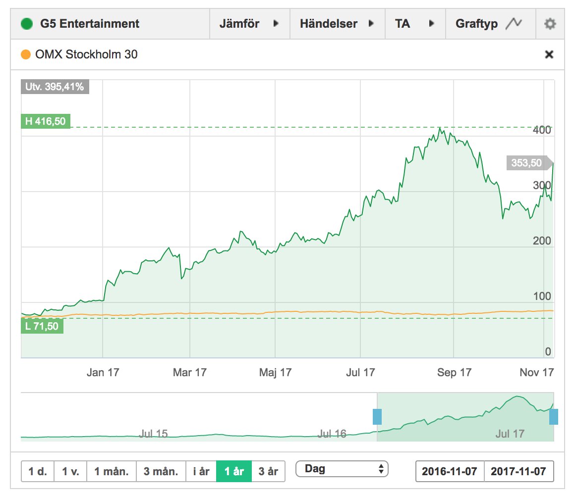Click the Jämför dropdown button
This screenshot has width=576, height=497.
tap(249, 24)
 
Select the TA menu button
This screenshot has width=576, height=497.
tap(415, 24)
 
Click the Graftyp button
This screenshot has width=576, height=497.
tap(489, 24)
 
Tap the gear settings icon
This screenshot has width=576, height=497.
tap(550, 24)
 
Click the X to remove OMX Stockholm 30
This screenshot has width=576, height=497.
tap(549, 54)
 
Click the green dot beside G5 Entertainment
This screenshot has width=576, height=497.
tap(27, 24)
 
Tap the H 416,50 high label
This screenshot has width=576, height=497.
tap(46, 121)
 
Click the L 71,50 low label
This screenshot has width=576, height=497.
tap(42, 326)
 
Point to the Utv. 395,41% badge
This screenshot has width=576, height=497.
tap(55, 87)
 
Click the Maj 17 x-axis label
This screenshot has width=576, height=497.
tap(275, 372)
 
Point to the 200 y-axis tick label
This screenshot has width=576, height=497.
tap(541, 241)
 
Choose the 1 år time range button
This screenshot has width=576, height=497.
tap(234, 471)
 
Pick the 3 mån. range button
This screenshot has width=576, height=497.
tap(161, 471)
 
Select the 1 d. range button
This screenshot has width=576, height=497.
tap(38, 471)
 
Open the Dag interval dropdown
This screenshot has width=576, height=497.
tap(342, 468)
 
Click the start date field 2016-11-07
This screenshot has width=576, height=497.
tap(450, 471)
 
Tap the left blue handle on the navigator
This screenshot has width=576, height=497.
tap(377, 417)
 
